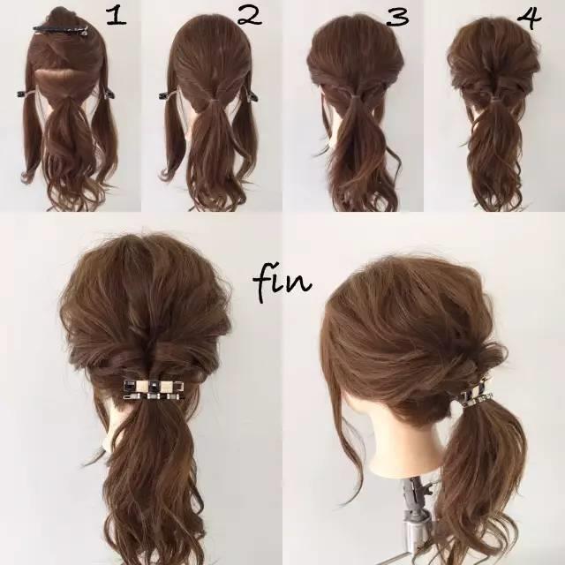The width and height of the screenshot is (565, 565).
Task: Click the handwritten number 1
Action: click(117, 17)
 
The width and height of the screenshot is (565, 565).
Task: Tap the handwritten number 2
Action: click(250, 16)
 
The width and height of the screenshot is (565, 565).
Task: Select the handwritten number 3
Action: click(397, 17)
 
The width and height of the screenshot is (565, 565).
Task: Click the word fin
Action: click(282, 282)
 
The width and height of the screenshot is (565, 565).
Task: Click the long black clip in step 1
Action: click(61, 30)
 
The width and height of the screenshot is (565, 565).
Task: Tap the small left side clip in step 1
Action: click(24, 94)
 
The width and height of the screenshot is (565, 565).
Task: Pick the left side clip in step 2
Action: click(166, 95)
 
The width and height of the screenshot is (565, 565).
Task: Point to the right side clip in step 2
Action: click(252, 95)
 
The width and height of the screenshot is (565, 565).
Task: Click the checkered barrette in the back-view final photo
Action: click(154, 390)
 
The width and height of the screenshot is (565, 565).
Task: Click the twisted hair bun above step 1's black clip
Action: click(62, 16)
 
